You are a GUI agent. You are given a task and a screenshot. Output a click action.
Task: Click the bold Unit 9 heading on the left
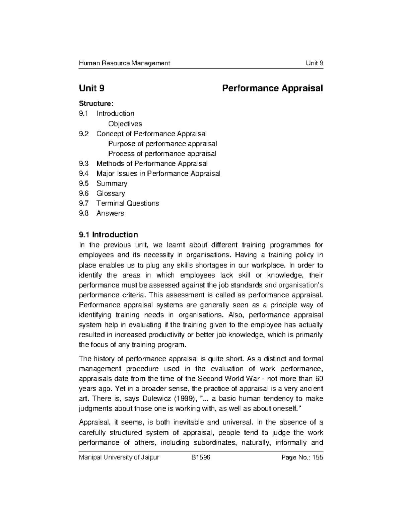point(91,88)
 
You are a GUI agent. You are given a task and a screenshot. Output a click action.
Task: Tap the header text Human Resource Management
point(124,63)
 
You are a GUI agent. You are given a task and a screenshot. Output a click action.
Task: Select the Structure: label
point(94,103)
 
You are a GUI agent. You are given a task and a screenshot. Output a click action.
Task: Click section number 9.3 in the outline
point(84,163)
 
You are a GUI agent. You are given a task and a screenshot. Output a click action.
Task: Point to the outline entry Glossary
point(111,193)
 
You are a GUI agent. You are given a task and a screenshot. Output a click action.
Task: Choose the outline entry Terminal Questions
point(128,203)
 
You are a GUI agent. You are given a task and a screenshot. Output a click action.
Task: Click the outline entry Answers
point(110,213)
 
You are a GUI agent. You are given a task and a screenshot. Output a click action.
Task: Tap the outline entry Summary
point(112,183)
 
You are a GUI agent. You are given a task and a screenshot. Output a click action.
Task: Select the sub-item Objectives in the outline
point(125,124)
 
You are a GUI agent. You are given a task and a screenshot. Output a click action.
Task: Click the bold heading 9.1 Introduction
point(108,234)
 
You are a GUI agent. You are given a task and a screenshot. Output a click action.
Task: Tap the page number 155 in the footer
point(317,458)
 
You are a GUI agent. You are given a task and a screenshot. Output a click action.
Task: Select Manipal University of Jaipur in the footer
point(119,458)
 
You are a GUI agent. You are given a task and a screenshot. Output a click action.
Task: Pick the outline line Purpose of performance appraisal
point(162,144)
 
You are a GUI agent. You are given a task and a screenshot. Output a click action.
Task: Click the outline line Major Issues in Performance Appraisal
point(158,173)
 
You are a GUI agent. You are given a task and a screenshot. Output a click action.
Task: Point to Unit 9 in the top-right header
point(314,63)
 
